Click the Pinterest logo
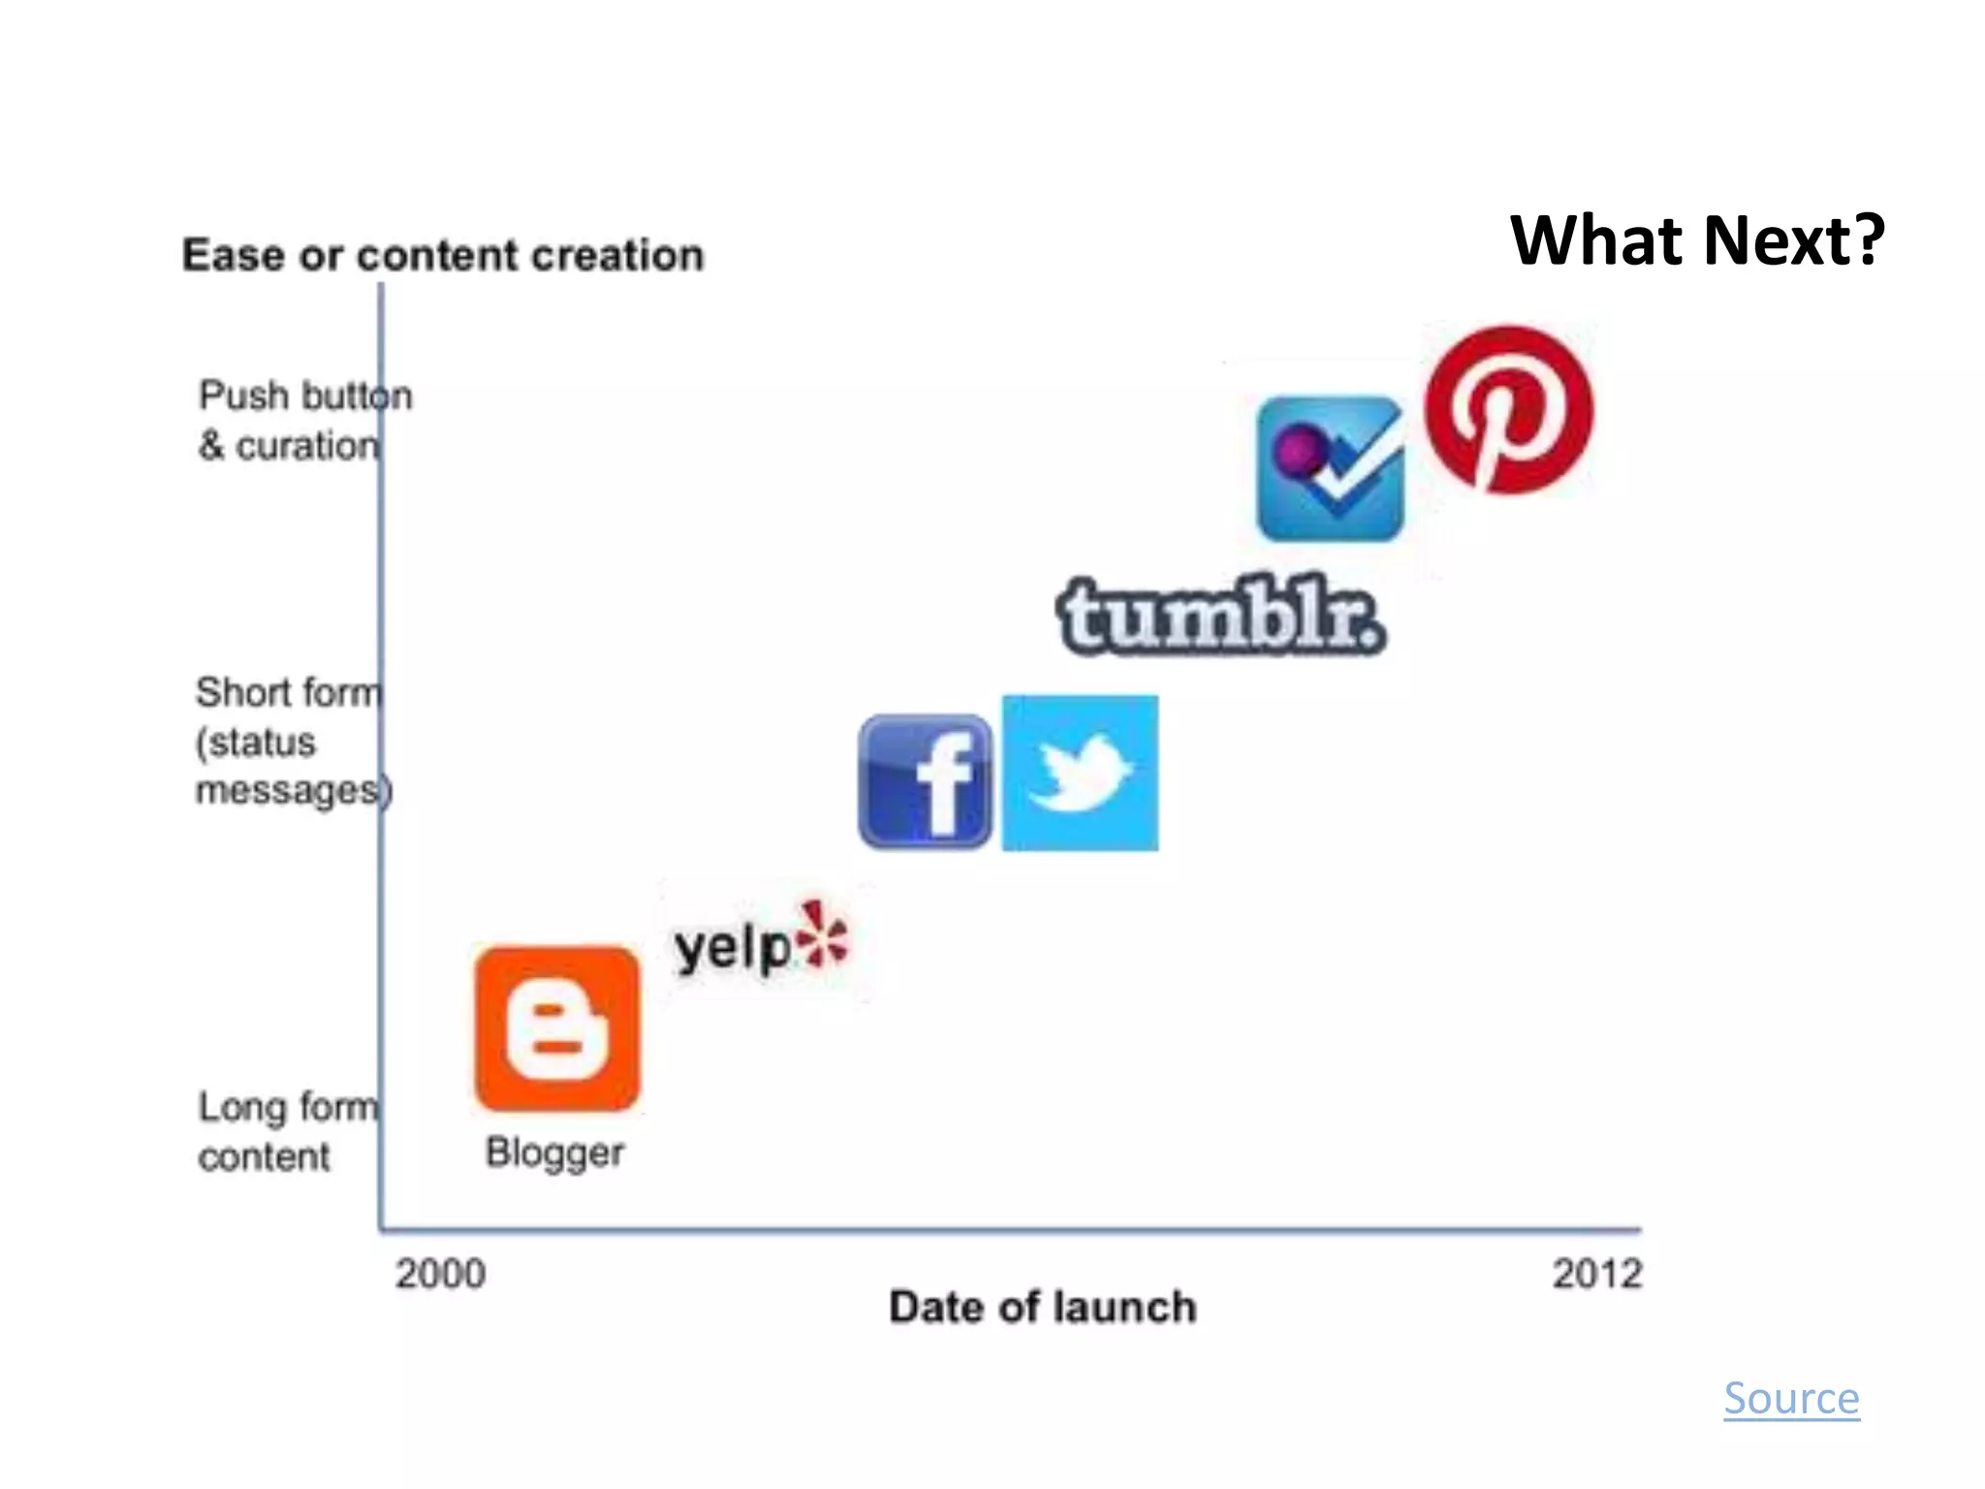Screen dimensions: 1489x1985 (1508, 410)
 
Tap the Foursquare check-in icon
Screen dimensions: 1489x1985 (1330, 468)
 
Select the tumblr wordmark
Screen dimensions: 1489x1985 (1220, 617)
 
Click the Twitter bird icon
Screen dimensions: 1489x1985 (1080, 773)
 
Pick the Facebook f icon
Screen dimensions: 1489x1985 (925, 781)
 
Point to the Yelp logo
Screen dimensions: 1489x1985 (762, 939)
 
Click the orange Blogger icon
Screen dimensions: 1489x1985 (557, 1029)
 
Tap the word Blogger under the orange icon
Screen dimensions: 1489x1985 (554, 1153)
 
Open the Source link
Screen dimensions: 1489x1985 (1791, 1399)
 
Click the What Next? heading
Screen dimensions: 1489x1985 (1696, 240)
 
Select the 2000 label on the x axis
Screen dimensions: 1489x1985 (440, 1274)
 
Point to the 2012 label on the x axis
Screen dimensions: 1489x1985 (1597, 1274)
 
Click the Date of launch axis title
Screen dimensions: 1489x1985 (1043, 1308)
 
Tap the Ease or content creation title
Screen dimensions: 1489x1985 (443, 255)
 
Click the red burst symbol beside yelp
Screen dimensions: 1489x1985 (822, 935)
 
